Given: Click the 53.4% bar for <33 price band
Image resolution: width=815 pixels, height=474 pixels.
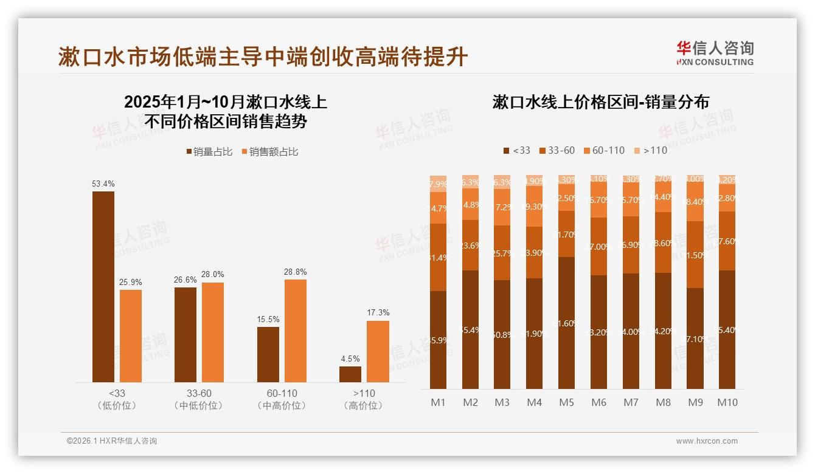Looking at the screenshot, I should [103, 286].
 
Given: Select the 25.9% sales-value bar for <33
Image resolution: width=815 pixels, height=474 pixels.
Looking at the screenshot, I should [131, 335].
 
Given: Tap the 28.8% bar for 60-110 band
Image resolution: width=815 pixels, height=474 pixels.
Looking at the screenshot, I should [296, 331].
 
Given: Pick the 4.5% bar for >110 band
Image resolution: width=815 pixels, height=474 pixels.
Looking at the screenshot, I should [350, 374].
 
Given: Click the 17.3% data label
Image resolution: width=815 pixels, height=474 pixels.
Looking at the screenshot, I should [378, 312].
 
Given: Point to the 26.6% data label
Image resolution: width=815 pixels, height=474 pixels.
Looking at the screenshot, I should [186, 280].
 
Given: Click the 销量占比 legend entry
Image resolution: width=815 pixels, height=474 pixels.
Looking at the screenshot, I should [209, 152].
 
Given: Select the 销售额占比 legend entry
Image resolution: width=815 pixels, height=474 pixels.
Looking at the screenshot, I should [270, 152].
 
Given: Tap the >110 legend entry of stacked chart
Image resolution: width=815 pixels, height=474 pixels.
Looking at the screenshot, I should [650, 150].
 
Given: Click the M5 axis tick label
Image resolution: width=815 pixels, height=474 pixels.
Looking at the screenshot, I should [566, 402].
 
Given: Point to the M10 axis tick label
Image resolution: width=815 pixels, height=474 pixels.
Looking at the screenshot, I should [727, 402].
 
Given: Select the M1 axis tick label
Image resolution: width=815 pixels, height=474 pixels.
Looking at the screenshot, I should [438, 402].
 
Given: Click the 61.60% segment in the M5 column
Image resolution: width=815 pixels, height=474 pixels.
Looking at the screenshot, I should [566, 323].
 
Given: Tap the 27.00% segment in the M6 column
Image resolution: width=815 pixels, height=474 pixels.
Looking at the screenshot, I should [598, 246].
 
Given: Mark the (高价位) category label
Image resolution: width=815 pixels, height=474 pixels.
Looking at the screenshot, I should [364, 405].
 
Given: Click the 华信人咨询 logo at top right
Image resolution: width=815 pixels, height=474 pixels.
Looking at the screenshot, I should [715, 53].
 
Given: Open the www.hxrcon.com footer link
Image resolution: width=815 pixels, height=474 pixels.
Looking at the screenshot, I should [707, 441].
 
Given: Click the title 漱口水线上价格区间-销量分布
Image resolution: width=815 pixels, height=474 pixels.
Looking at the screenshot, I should [600, 102].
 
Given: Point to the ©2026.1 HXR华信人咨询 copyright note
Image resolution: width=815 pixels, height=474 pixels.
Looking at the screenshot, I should [112, 441].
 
